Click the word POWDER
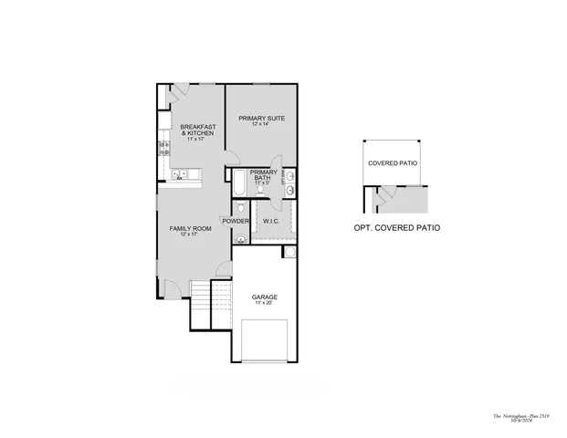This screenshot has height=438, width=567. (236, 221)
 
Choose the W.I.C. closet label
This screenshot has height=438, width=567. (270, 221)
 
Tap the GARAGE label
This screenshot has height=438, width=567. (265, 297)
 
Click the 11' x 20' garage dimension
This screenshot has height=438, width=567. (265, 304)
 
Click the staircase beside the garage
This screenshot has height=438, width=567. (200, 293)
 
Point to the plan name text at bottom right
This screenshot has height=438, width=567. (517, 413)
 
